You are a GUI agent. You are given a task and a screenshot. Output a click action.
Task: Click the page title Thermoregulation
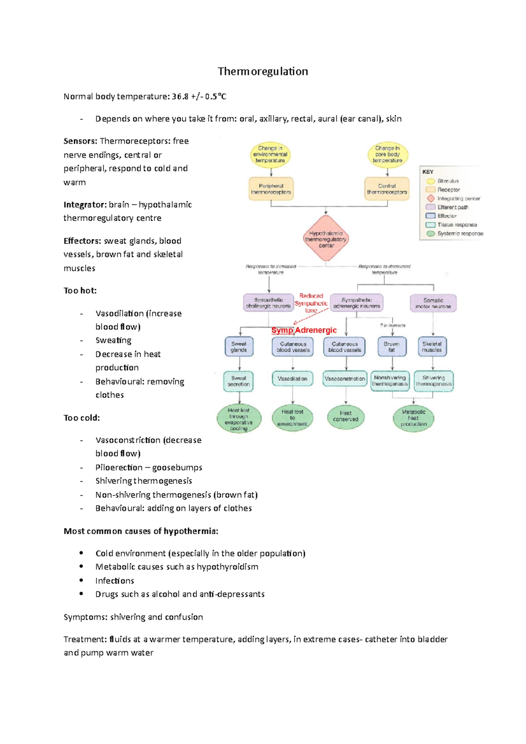263,71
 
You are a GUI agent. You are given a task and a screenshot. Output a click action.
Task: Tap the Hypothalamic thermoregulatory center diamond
326,239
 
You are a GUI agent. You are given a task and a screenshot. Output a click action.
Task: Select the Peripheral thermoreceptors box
271,189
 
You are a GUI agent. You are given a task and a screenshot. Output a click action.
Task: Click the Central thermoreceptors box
387,189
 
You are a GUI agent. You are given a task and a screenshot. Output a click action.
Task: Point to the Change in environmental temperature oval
270,154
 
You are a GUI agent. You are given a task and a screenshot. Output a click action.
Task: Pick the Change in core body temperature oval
387,154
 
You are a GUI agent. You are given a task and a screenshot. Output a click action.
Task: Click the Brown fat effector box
391,347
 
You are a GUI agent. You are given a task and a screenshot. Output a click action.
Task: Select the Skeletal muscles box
432,347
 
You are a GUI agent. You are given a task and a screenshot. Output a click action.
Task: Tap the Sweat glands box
239,347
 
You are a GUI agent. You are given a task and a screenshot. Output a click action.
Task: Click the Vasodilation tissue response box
292,379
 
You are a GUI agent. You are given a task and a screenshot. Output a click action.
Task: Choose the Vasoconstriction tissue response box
345,379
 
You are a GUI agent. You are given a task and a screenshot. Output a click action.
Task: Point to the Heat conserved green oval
345,416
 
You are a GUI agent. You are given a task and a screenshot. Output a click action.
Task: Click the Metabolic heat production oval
413,418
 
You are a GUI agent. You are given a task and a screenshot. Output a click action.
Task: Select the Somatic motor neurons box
433,303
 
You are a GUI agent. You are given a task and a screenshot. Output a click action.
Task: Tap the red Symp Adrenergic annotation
304,330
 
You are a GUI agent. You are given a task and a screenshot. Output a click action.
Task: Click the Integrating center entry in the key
458,198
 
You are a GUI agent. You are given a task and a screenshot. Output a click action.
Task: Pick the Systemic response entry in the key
460,234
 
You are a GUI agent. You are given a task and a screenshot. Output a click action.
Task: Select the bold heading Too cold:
82,418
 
